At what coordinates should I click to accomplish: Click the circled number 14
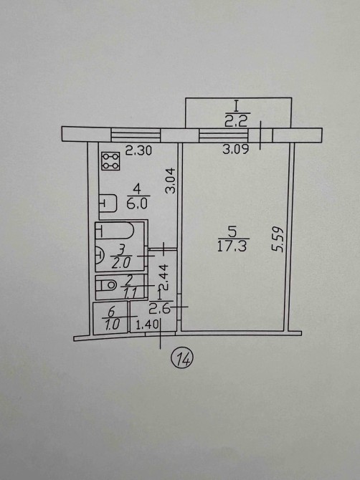coord(182,358)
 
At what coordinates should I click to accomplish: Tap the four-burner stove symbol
coord(110,161)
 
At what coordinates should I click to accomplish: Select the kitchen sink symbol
coord(108,203)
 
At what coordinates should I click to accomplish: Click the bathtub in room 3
coord(115,231)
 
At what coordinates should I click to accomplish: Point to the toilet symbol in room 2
coord(106,285)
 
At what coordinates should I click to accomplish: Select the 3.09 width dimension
coord(236,149)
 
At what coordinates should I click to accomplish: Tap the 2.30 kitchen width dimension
coord(138,150)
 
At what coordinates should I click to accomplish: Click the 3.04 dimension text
coord(170,181)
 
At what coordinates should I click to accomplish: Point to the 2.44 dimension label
coord(164,277)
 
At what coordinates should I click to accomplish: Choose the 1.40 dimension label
coord(147,324)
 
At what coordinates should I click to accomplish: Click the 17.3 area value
coord(232,246)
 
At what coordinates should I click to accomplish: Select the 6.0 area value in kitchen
coord(137,203)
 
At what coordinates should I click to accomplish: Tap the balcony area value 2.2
coord(236,122)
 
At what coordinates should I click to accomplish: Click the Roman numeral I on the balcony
coord(236,107)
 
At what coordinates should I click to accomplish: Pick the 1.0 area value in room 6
coord(112,325)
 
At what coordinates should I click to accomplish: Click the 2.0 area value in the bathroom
coord(121,263)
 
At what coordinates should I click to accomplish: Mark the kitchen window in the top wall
coord(136,135)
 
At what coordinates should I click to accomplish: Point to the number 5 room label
coord(233,231)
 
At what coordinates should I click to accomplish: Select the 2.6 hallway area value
coord(159,309)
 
